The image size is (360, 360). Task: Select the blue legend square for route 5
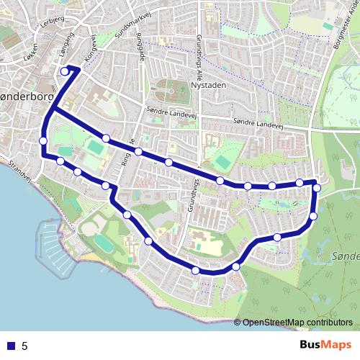tap(11, 346)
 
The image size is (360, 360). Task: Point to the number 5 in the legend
tap(24, 346)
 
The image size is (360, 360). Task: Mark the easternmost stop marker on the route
tap(316, 188)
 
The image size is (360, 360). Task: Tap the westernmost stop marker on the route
tap(43, 140)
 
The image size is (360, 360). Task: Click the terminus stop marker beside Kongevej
tap(65, 71)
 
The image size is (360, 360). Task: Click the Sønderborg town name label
tap(22, 96)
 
